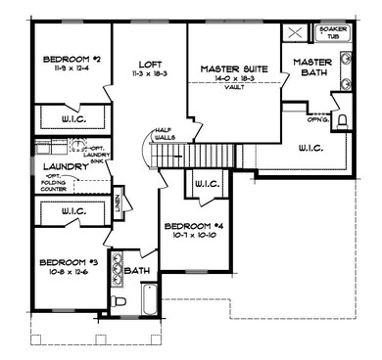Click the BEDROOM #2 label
[x=65, y=60]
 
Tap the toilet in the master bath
[x=343, y=121]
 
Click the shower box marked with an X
[x=294, y=31]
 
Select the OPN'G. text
[x=315, y=123]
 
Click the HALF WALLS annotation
[x=164, y=135]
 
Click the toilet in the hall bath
[x=116, y=301]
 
